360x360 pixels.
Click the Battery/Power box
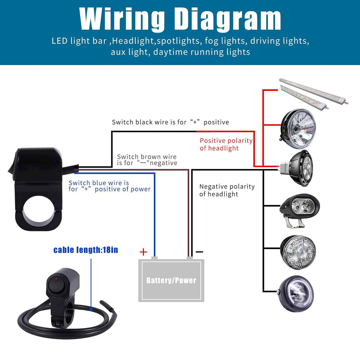click(171, 280)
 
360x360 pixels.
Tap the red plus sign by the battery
click(143, 252)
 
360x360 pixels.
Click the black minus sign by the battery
click(199, 252)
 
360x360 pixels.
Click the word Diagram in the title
click(228, 19)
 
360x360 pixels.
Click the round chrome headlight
click(298, 129)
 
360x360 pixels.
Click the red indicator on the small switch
click(56, 280)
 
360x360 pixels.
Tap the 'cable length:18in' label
click(86, 250)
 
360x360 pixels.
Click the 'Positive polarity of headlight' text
click(226, 144)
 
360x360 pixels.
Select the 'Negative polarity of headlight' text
click(227, 190)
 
